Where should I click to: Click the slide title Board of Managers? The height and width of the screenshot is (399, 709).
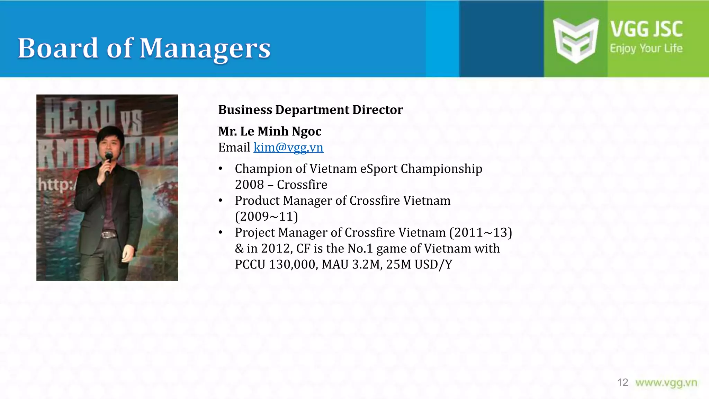144,48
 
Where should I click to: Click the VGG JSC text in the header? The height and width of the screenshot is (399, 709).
646,29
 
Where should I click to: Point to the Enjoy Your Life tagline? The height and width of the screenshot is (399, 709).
646,48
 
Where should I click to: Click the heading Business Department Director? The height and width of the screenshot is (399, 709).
311,110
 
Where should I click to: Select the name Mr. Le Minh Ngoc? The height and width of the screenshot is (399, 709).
270,131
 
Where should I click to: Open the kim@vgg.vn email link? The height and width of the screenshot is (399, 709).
288,148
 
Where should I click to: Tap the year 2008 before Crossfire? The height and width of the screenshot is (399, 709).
249,185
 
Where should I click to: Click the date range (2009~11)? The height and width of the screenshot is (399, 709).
266,216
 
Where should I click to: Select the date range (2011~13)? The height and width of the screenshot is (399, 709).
481,232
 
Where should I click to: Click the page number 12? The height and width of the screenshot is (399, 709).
622,382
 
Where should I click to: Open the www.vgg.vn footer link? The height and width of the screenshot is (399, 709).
666,382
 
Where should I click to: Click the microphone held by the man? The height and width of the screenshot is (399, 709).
108,158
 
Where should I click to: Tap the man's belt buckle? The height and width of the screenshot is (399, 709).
109,235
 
